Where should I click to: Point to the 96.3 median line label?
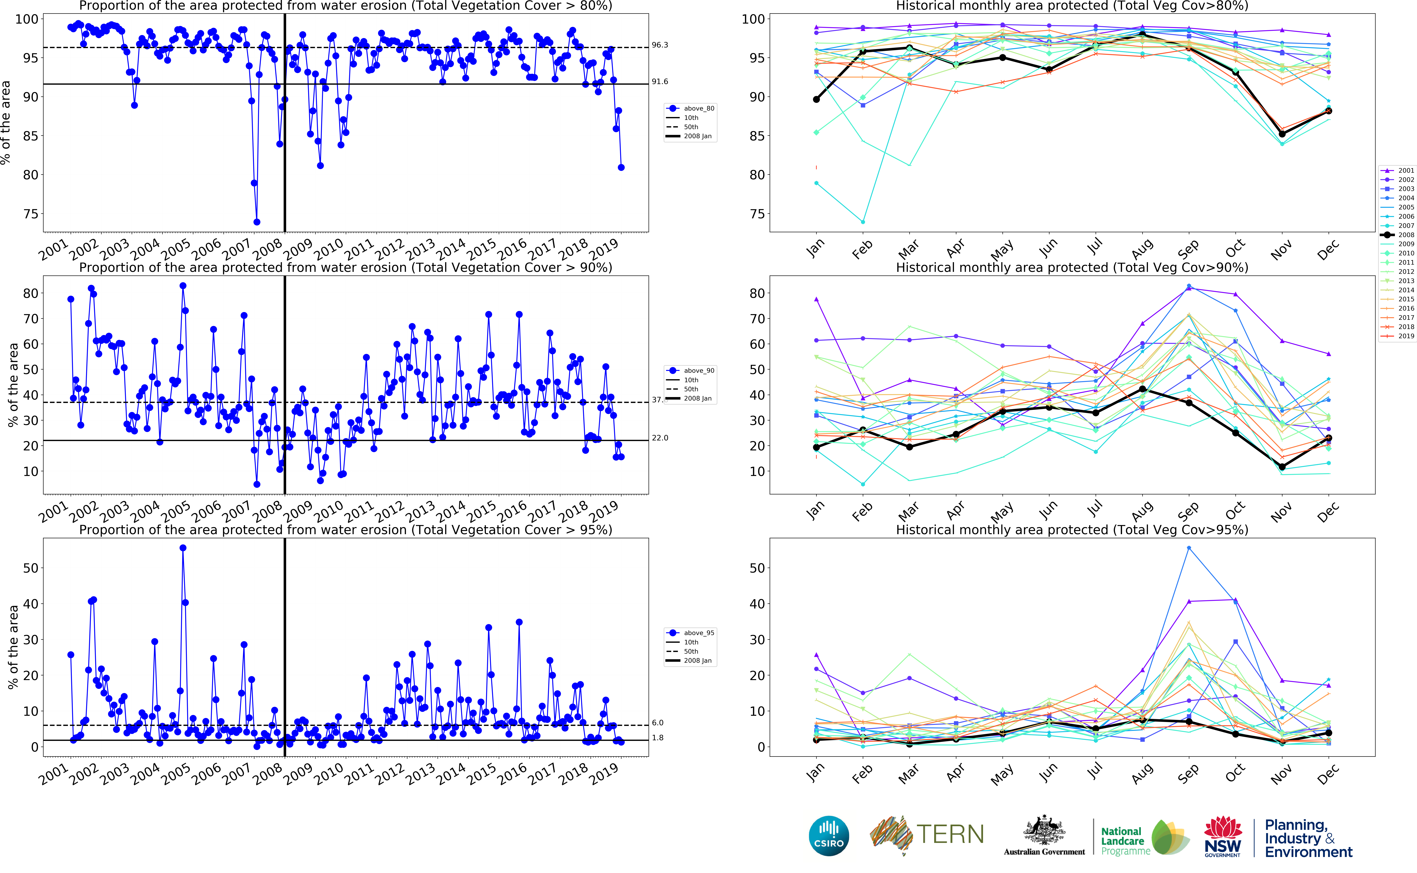click(660, 45)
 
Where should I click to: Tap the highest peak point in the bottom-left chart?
click(183, 548)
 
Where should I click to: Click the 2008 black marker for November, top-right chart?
click(1282, 134)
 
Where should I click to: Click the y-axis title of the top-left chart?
click(6, 122)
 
